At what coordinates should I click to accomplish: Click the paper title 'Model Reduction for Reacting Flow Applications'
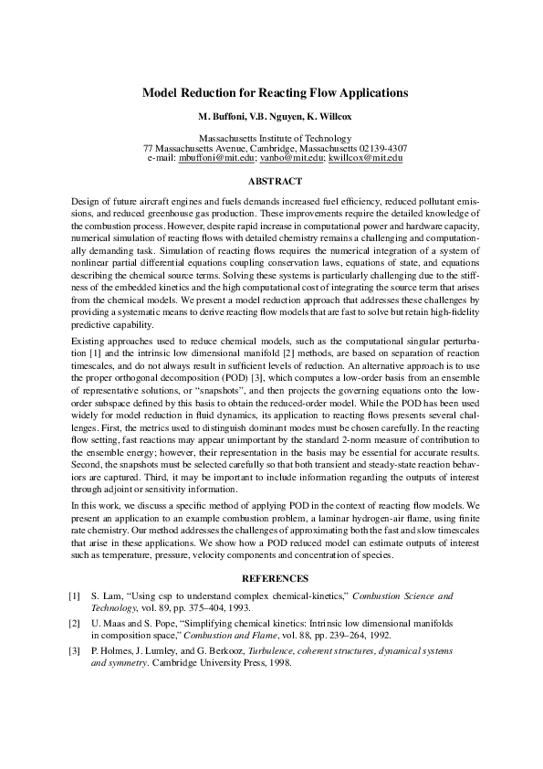pos(275,93)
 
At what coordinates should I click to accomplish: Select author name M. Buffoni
pos(223,118)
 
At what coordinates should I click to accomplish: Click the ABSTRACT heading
pos(275,181)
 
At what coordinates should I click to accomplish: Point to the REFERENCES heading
pos(275,578)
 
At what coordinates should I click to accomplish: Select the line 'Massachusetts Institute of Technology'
pos(275,138)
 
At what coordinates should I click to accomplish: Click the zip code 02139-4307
pos(377,148)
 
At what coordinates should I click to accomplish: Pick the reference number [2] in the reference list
pos(75,622)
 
